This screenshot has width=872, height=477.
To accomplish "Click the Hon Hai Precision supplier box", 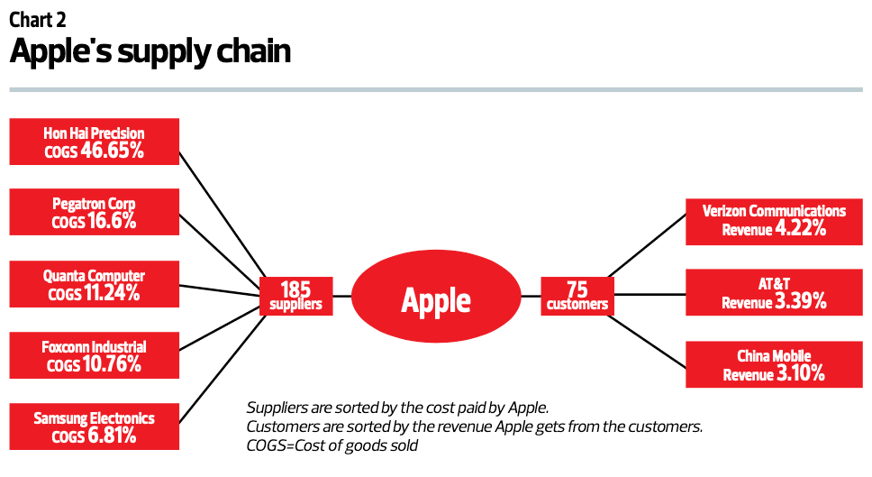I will click(94, 142).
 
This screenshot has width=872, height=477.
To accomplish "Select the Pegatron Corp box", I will click(94, 212).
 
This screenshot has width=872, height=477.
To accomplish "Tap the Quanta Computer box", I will click(94, 283).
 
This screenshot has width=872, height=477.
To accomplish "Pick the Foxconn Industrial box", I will click(94, 355).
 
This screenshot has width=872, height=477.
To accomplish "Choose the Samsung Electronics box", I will click(94, 427).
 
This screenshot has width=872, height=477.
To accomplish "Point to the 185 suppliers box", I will click(295, 296).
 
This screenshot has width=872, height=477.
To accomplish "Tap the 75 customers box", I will click(576, 296).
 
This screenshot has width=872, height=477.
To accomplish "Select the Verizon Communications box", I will click(774, 220).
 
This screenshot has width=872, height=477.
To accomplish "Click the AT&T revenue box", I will click(774, 293).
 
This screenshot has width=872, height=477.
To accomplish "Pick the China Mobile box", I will click(774, 365).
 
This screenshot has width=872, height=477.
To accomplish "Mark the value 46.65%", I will click(113, 151).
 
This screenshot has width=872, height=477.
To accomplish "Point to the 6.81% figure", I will click(112, 436).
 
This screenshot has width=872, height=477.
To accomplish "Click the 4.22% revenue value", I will click(799, 229).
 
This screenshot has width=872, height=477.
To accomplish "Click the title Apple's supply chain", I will click(150, 51).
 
